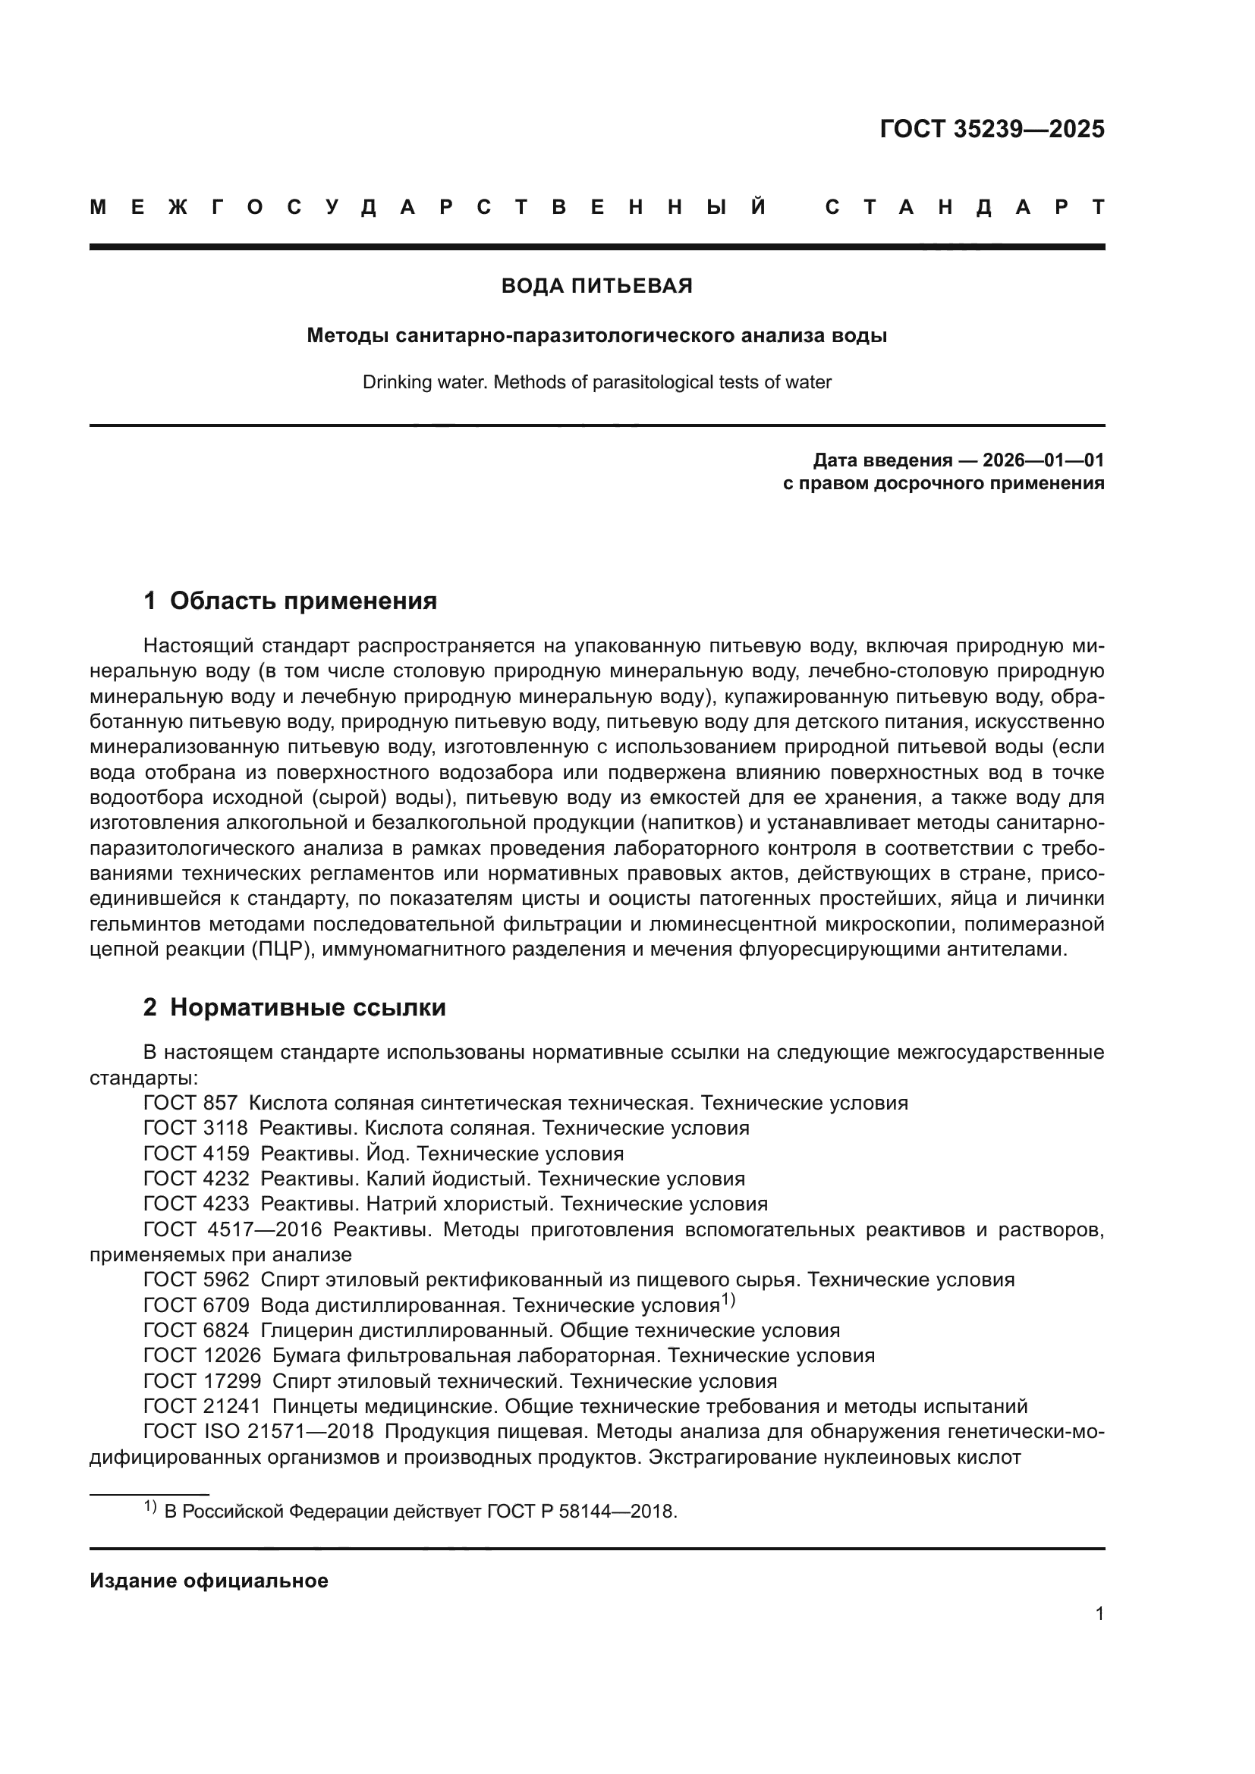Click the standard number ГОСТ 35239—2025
(x=992, y=129)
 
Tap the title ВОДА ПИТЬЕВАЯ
(x=596, y=286)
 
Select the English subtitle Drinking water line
(x=596, y=382)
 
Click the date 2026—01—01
(x=1043, y=461)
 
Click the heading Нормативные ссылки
(x=307, y=1007)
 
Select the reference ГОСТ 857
(x=190, y=1104)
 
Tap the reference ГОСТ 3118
(x=196, y=1128)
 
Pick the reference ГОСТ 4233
(x=197, y=1204)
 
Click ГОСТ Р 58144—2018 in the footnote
(x=581, y=1512)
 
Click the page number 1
(x=1099, y=1635)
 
